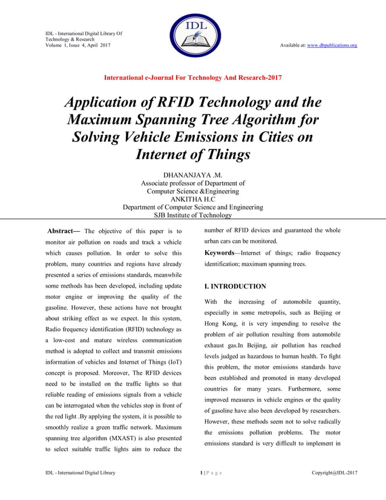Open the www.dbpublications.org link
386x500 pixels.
click(x=332, y=45)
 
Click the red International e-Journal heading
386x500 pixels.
click(x=193, y=77)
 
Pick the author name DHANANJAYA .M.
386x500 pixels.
click(x=192, y=174)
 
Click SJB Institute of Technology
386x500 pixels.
click(x=193, y=215)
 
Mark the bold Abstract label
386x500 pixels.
click(x=64, y=231)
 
